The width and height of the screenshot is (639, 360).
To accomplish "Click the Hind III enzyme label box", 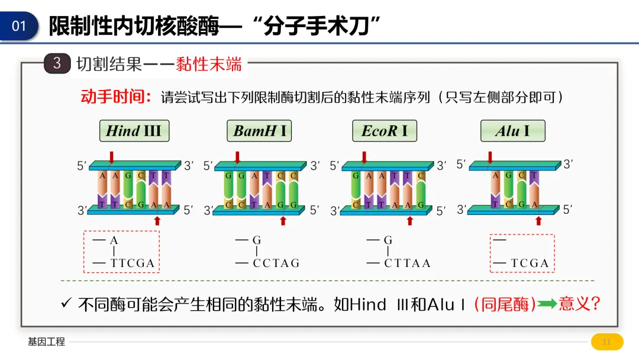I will [134, 131].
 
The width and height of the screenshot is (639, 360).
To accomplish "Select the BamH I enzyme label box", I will [260, 131].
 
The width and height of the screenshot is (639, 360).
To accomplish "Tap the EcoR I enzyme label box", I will [384, 131].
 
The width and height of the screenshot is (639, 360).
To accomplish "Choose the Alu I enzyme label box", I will [512, 131].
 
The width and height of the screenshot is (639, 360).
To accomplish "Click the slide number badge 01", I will [19, 26].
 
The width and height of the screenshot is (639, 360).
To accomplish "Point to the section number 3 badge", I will [57, 63].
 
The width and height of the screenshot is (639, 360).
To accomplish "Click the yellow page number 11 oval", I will [607, 342].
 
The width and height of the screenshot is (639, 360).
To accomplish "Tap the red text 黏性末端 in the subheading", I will [209, 64].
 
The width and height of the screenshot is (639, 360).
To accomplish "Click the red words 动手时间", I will [117, 97].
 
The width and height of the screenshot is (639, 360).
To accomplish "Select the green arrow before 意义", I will [547, 304].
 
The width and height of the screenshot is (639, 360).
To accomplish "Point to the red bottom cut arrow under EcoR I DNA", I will [409, 221].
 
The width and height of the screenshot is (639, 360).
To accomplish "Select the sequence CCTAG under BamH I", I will [276, 263].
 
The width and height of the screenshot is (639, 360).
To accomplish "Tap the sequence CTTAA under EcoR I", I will [407, 263].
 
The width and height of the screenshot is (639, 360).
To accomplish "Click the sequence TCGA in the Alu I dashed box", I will [530, 263].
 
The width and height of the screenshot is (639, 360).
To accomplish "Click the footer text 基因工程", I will [46, 342].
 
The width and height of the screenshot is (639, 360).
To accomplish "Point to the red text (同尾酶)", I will [505, 304].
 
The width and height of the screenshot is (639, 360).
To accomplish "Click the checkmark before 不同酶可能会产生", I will [66, 304].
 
